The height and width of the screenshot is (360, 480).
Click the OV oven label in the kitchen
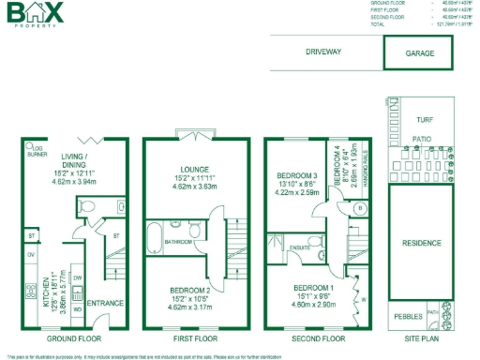31,255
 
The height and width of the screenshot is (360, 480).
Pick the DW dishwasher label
77,278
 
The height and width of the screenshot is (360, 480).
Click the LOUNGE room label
195,170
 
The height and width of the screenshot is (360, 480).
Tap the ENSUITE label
300,248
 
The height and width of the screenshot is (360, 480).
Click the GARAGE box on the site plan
419,53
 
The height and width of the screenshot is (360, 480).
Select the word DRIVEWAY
323,52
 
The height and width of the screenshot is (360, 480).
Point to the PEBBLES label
409,316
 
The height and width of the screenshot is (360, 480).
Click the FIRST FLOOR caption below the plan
196,337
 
